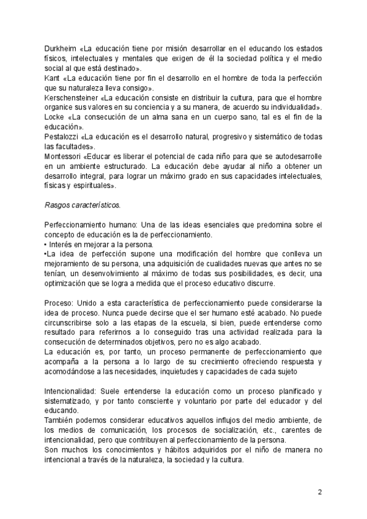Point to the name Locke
(54, 117)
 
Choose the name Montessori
(64, 156)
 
